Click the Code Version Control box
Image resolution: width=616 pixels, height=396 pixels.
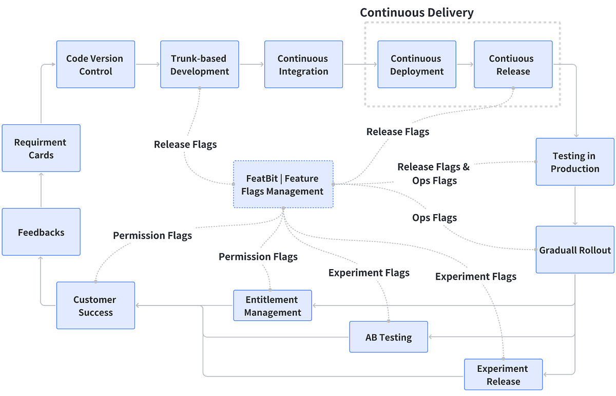coord(95,65)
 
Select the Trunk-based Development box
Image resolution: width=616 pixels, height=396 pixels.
coord(199,65)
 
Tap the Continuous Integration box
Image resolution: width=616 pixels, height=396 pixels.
coord(303,65)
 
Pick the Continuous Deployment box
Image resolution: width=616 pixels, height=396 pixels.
coord(417,65)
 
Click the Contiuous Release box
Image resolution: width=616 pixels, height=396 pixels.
coord(513,65)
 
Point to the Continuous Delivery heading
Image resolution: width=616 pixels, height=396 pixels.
coord(416,13)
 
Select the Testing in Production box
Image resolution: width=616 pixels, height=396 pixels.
coord(575,162)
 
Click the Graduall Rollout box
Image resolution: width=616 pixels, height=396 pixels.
coord(575,250)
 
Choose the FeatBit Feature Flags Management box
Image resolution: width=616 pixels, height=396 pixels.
coord(283,184)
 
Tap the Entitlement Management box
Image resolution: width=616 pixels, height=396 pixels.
coord(272,306)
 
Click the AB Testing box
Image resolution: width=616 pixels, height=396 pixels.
coord(389,337)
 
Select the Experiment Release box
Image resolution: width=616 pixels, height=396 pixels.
coord(503,374)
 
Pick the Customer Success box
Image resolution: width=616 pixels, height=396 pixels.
coord(95,306)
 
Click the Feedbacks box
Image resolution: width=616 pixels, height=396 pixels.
coord(41,232)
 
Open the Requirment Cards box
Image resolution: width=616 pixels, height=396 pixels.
coord(41,148)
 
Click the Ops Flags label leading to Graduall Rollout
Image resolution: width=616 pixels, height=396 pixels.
coord(434,218)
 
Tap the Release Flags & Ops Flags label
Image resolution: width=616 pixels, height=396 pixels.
coord(434,174)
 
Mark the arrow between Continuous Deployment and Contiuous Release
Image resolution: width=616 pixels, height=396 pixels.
coord(465,65)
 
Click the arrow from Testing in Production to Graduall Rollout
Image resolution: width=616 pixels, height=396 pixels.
coord(575,205)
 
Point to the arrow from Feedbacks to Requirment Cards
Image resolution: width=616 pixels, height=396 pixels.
coord(41,190)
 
